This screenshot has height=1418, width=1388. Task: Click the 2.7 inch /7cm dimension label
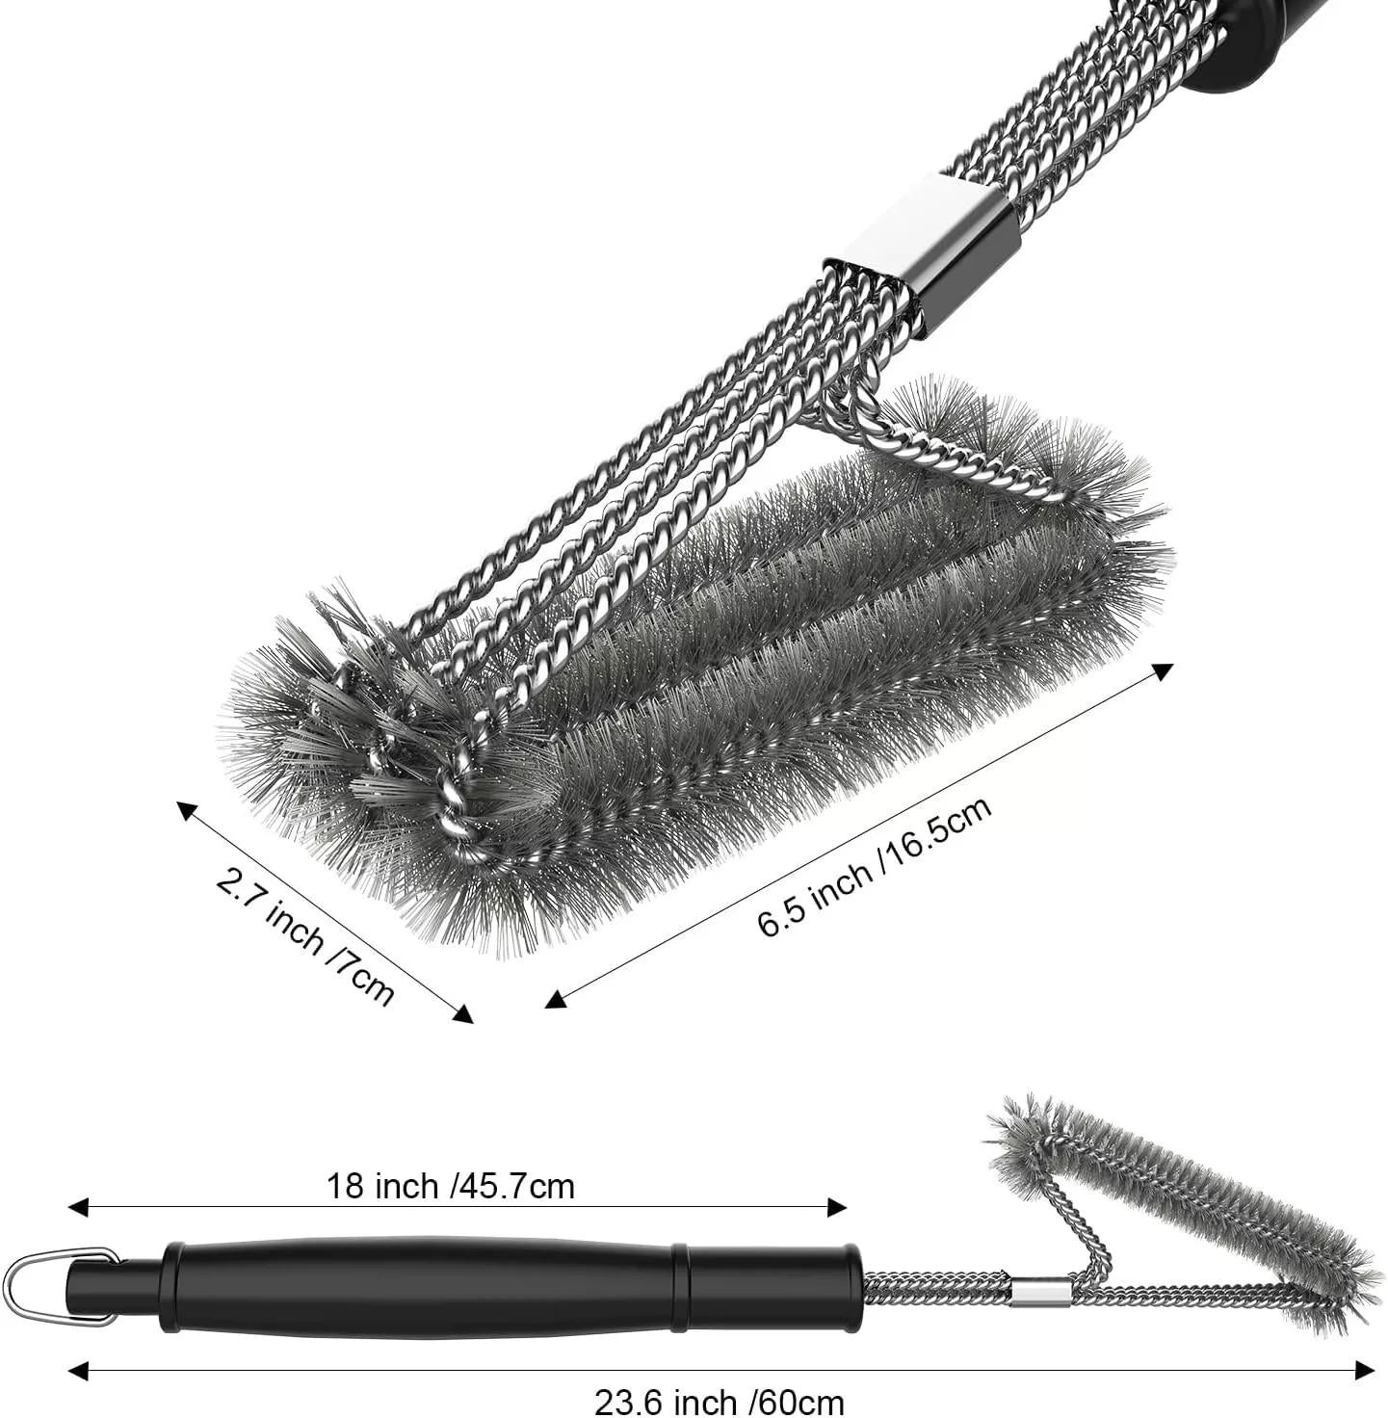pos(304,935)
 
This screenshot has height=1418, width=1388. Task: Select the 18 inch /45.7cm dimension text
pos(451,1186)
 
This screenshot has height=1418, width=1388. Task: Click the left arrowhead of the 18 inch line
pos(77,1208)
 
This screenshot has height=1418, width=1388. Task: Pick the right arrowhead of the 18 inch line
pos(837,1208)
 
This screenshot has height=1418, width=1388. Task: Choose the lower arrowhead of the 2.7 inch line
pos(462,1013)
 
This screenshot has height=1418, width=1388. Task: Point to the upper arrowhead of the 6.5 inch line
pos(1162,671)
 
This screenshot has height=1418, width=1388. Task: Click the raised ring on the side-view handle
pos(681,1288)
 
